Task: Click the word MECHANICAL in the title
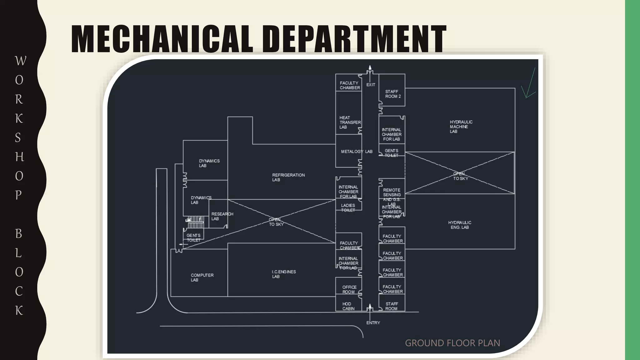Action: (x=162, y=39)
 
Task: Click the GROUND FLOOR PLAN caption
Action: (x=452, y=343)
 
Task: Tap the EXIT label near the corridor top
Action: (x=371, y=85)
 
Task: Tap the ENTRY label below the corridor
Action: (x=373, y=322)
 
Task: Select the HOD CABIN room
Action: (x=348, y=306)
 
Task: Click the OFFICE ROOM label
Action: (x=349, y=289)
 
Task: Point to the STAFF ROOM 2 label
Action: (x=392, y=94)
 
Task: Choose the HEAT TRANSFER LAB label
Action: (x=349, y=122)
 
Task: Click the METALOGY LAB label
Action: (x=356, y=152)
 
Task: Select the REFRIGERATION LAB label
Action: (x=288, y=177)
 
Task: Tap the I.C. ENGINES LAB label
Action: (x=283, y=274)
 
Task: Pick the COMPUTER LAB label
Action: (x=202, y=277)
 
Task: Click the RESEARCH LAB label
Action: (x=222, y=216)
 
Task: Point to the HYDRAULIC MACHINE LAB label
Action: (x=461, y=127)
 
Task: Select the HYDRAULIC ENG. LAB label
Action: (x=459, y=225)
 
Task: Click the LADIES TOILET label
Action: (x=348, y=208)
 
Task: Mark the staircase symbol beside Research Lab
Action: (x=195, y=222)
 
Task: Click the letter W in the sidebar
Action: (x=20, y=61)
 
